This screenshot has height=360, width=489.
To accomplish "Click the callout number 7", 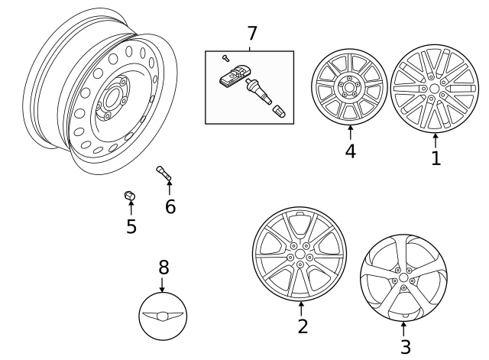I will (x=251, y=34).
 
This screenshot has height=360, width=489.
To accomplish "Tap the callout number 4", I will (x=350, y=151).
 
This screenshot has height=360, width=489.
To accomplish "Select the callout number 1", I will (x=436, y=158).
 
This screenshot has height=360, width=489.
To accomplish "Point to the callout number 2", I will (x=303, y=326).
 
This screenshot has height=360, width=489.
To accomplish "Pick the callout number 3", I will (x=405, y=346).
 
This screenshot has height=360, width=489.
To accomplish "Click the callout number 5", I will (x=131, y=226).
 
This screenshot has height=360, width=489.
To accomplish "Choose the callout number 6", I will (x=170, y=206).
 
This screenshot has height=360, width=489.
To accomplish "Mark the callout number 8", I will (x=163, y=267).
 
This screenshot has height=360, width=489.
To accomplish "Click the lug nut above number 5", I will (x=130, y=197).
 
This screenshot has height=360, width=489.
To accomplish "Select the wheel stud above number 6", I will (x=165, y=174).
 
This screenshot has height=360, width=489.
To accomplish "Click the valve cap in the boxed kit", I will (x=280, y=112).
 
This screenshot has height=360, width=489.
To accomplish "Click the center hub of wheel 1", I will (x=435, y=89).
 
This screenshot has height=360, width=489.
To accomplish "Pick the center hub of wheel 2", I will (x=300, y=255).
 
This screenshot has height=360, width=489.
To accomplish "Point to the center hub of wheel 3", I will (x=403, y=280).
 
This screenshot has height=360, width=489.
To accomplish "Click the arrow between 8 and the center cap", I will (x=162, y=284).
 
